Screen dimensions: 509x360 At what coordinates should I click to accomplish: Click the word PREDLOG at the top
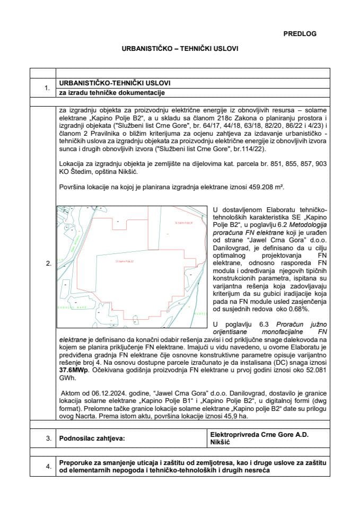300,33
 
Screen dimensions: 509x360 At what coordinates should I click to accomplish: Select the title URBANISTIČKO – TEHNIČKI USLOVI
180,48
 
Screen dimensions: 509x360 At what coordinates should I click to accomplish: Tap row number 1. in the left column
48,88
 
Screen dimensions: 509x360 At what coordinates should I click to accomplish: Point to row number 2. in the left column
48,264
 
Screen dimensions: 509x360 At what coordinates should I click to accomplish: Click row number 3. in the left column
48,438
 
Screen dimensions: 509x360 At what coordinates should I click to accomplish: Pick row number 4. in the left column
48,466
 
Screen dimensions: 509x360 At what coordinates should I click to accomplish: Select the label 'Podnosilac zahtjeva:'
92,438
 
